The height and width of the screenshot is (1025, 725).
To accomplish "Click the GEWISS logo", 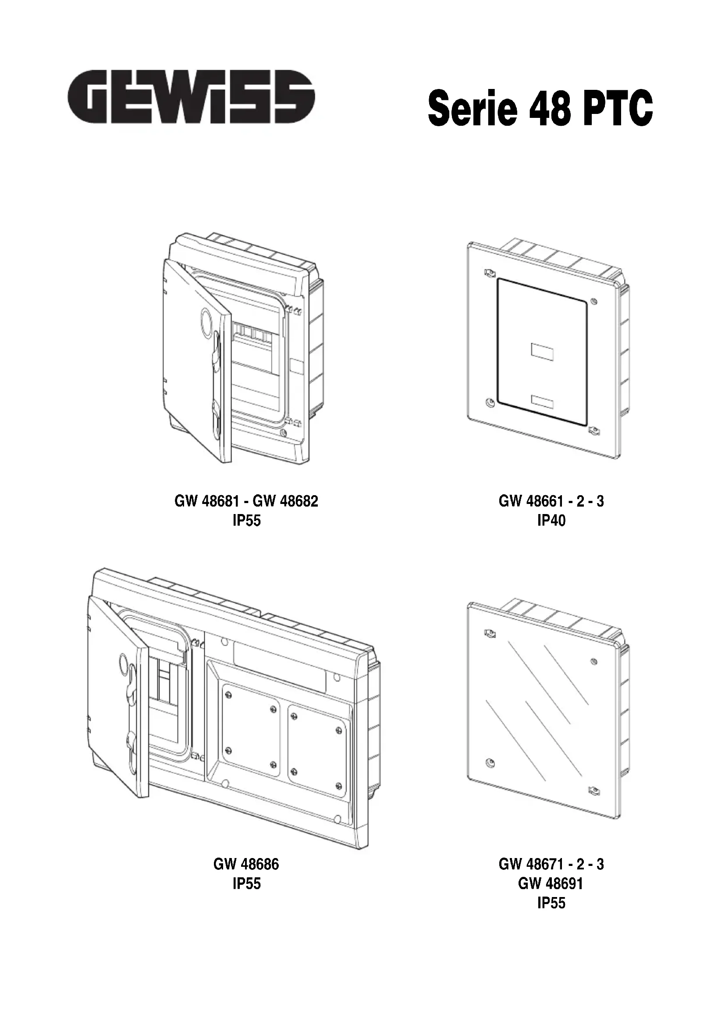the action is (191, 96).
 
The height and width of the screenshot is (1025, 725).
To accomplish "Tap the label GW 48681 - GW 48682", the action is (246, 501).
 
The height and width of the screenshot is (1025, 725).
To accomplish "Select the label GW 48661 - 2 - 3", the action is (551, 501).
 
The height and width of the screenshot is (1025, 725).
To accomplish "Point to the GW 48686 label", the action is (246, 864).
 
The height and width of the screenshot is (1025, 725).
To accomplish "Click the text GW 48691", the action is (551, 883).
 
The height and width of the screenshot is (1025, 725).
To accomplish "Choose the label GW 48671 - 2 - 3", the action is (551, 864).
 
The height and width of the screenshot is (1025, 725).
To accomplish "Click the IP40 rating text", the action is (551, 521).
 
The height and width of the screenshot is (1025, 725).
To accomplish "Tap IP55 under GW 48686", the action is (246, 883).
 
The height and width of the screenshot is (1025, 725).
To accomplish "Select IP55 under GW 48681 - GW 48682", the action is (246, 521).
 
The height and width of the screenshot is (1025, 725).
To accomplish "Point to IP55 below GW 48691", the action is (551, 903).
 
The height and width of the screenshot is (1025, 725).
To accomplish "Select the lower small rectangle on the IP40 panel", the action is (542, 401).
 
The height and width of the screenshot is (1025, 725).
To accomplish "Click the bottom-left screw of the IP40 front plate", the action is (490, 403).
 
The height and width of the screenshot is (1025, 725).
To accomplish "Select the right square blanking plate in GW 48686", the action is (316, 751).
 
